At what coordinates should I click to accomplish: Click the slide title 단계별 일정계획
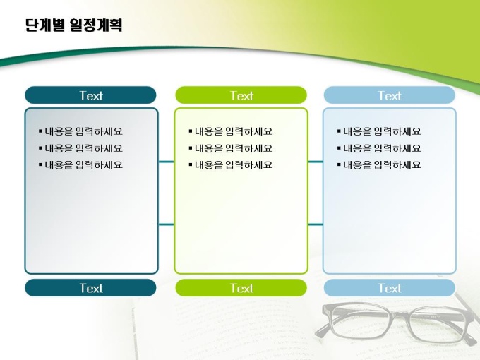[73, 25]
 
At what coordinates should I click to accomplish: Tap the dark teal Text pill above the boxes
[90, 95]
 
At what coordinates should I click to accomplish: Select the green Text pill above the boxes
[241, 95]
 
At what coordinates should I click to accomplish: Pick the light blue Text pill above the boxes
[390, 95]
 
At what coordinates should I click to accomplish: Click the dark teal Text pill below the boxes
[90, 288]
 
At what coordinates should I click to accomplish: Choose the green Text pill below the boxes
[241, 288]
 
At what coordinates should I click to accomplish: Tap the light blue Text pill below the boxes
[390, 288]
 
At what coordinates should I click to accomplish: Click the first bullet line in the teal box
[80, 131]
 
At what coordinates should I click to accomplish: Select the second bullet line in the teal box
[80, 148]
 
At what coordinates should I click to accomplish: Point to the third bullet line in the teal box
[80, 165]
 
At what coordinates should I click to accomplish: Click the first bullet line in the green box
[231, 131]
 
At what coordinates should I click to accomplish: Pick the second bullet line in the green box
[231, 148]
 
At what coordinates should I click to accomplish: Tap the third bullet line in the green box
[231, 165]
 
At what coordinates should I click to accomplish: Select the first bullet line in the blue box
[379, 131]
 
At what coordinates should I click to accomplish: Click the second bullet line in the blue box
[379, 148]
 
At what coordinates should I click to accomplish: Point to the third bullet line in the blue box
[379, 165]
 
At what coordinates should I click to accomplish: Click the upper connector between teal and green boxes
[166, 162]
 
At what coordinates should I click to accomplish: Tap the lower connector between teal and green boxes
[166, 224]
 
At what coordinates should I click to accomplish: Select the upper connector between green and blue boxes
[316, 162]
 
